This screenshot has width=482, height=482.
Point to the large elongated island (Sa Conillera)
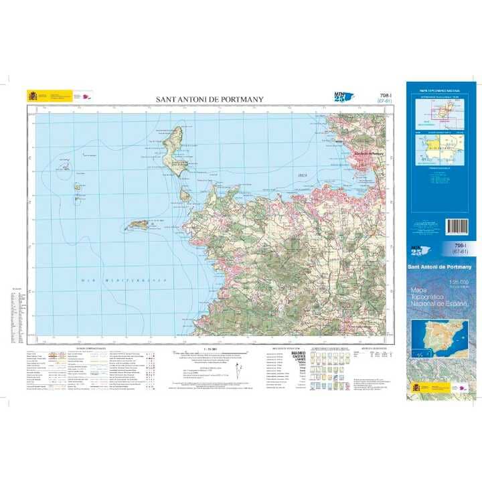coord(174,151)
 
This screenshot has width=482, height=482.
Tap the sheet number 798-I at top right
coord(385,96)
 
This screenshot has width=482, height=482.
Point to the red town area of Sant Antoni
coord(367,155)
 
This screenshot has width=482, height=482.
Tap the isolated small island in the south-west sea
coord(139,225)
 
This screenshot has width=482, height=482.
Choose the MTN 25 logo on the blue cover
coord(420,251)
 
